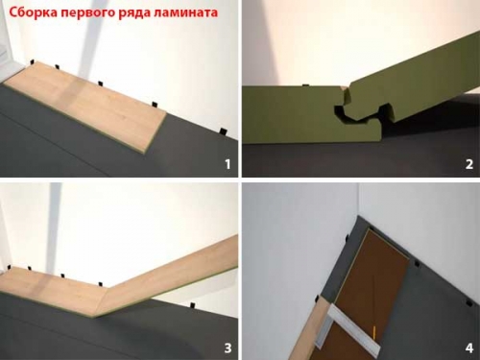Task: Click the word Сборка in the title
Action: [x=31, y=14]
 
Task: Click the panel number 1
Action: [x=228, y=164]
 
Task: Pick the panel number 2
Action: [x=468, y=164]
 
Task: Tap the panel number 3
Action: [x=228, y=347]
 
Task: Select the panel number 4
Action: [x=468, y=347]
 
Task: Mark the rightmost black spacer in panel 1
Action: [x=219, y=130]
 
